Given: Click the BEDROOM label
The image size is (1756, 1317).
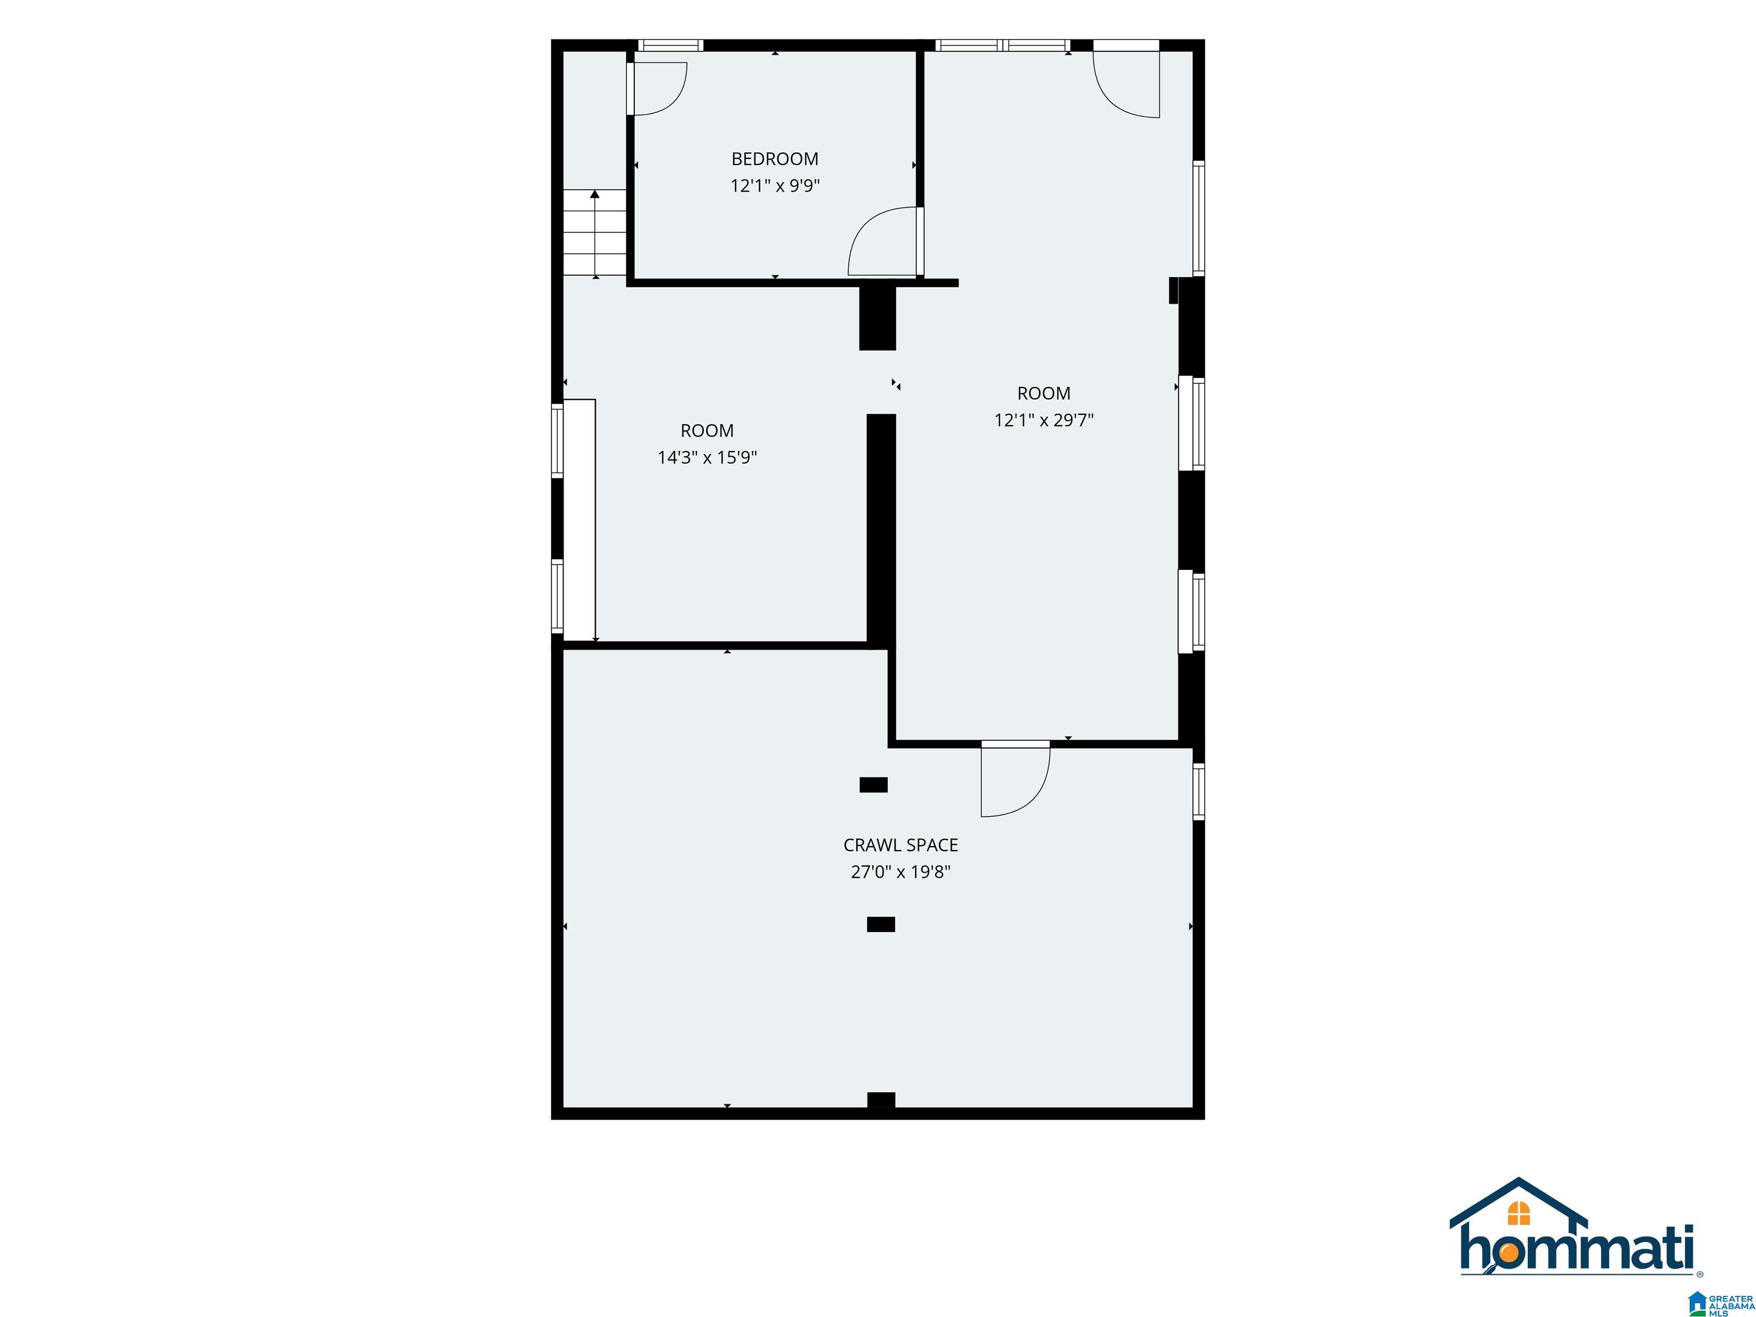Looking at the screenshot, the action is [x=775, y=159].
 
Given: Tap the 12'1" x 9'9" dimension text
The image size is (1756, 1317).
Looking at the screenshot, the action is [x=775, y=186].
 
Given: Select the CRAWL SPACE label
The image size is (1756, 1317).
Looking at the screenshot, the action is [x=900, y=845].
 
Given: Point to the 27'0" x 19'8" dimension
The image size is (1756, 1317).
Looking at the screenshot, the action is [x=900, y=872].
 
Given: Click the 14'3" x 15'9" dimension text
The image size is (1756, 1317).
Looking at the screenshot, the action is [x=707, y=457].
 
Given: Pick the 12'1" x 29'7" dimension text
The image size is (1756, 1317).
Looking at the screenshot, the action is [x=1044, y=420].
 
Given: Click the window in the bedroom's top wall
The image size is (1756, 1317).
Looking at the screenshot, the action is [x=671, y=45].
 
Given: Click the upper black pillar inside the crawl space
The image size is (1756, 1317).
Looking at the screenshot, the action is [x=873, y=784].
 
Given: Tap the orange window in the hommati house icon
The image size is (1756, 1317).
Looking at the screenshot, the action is [x=1519, y=1213].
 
